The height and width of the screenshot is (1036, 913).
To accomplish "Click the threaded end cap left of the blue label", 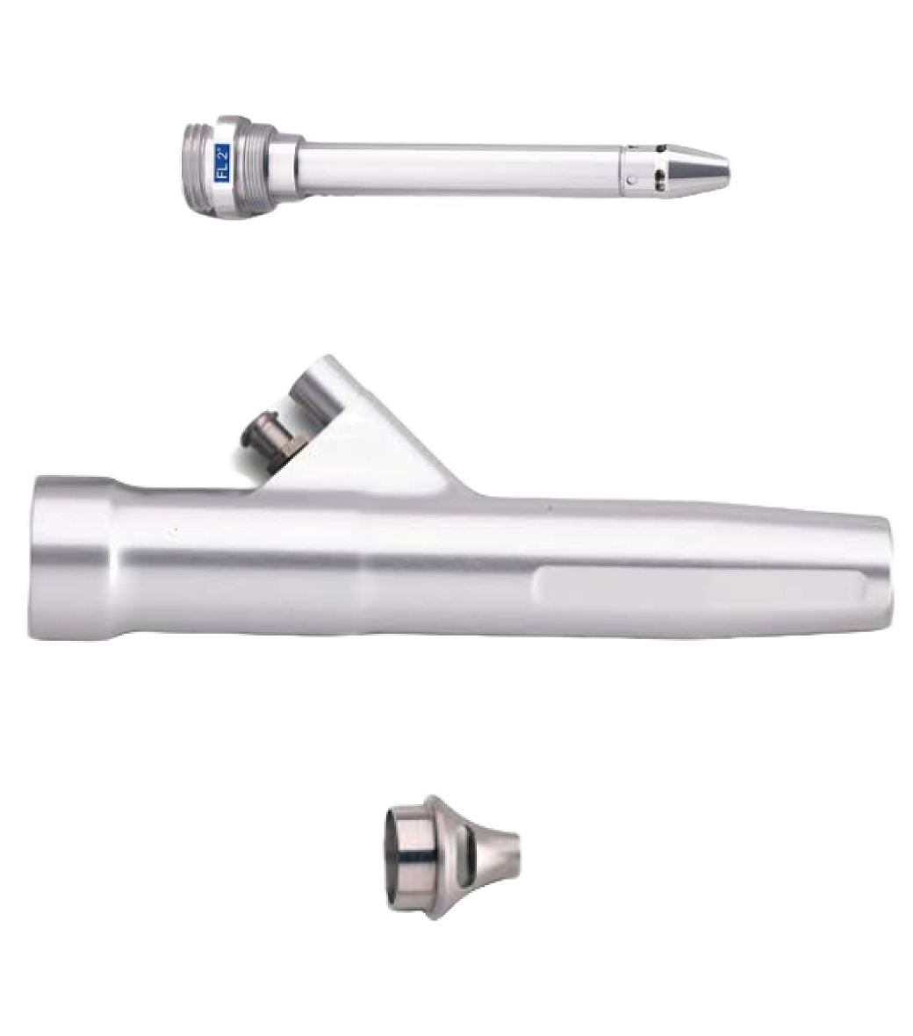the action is pyautogui.click(x=199, y=166).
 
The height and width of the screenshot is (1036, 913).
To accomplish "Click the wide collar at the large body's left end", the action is pyautogui.click(x=74, y=557).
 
